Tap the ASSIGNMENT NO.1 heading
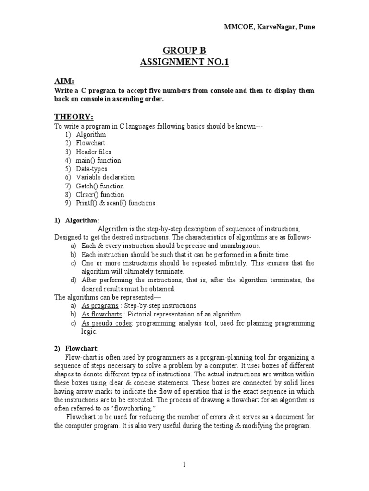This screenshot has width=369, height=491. tap(184, 62)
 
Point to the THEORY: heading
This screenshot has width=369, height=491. tap(74, 117)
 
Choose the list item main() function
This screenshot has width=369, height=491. tap(98, 160)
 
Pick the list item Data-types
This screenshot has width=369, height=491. tap(91, 169)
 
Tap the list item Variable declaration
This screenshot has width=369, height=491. tap(105, 177)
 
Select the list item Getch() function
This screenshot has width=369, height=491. tap(99, 186)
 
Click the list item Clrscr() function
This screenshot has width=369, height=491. tap(100, 195)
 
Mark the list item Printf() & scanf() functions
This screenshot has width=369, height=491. tap(115, 203)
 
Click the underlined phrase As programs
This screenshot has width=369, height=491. tap(99, 306)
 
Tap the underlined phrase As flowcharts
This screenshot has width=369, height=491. tap(101, 315)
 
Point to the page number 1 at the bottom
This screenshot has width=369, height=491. tap(184, 465)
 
